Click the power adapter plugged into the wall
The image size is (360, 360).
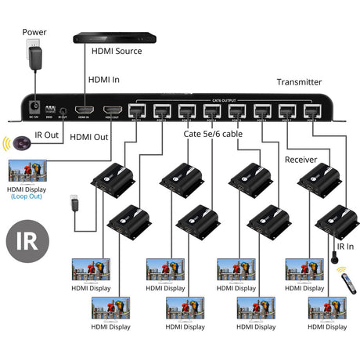tap(34, 57)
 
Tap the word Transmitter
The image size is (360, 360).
tap(299, 81)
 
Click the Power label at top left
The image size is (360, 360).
tap(34, 33)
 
